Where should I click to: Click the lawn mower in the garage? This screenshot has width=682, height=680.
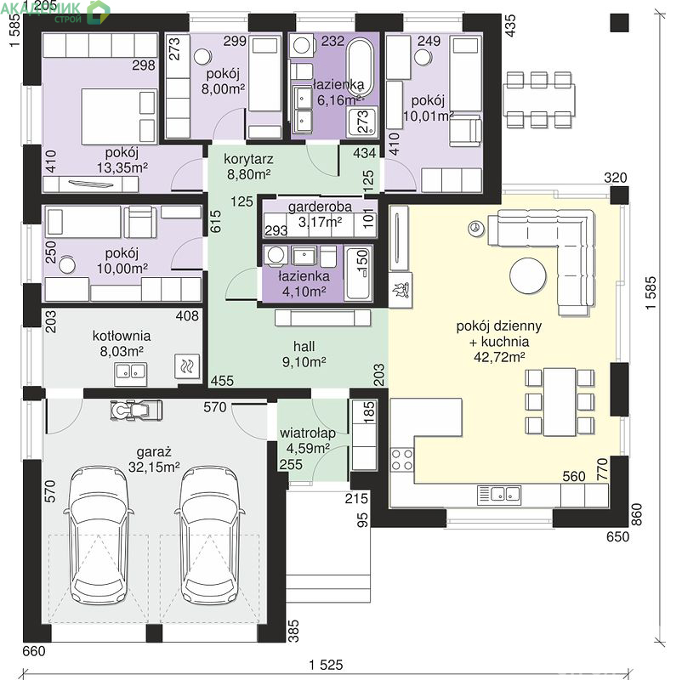tap(136, 410)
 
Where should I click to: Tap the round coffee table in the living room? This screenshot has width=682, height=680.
tap(528, 276)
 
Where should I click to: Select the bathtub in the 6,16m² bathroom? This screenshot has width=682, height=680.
tap(361, 68)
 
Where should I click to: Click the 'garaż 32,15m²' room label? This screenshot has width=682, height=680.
tap(154, 459)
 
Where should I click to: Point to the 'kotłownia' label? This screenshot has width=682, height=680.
tap(122, 336)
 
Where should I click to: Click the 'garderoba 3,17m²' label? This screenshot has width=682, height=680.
tap(320, 214)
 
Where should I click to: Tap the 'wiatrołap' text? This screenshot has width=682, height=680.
tap(308, 433)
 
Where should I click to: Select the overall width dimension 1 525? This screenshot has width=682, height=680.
tap(326, 665)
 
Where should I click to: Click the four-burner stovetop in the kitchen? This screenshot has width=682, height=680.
tap(402, 460)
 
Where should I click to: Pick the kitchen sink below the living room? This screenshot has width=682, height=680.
tap(499, 495)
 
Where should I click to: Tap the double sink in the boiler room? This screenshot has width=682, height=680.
tap(130, 373)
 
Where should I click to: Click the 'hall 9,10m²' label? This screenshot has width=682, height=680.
tap(304, 354)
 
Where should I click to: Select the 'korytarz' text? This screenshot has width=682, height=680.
tap(248, 159)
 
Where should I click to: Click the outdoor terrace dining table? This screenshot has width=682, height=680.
tap(538, 100)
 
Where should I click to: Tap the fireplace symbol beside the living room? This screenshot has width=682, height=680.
tap(401, 290)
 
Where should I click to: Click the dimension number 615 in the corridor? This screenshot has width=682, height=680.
tap(216, 221)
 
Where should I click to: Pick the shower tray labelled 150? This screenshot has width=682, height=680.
tap(358, 273)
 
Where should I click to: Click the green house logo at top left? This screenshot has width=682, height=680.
tap(99, 11)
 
